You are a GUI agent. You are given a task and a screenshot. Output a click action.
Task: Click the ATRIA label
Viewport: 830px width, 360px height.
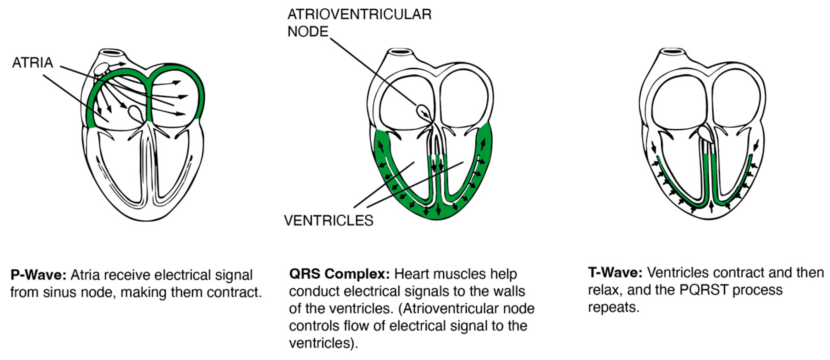coord(33,63)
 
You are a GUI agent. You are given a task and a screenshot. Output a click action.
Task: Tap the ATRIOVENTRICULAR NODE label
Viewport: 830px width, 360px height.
coord(359,23)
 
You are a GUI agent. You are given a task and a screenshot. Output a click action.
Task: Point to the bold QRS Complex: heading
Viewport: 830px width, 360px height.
coord(339,274)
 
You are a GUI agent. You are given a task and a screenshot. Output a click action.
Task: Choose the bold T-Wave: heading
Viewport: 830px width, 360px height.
coord(615,273)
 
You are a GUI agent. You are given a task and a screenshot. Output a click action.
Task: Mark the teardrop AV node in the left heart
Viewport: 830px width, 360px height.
coord(135,112)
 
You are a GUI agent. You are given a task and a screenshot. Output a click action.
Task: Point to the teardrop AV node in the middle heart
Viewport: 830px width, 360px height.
coord(424,112)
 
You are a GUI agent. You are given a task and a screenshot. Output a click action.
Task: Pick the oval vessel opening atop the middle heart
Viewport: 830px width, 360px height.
coord(400,52)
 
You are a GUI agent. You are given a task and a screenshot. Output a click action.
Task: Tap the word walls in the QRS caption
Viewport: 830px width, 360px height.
coord(508,291)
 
